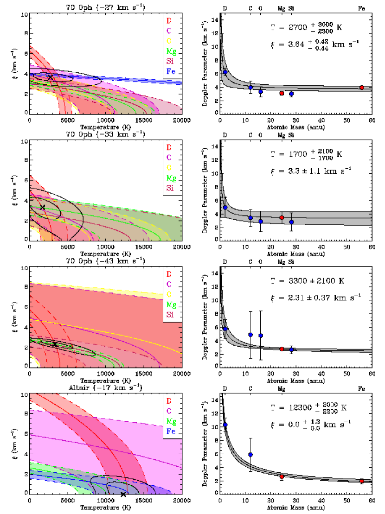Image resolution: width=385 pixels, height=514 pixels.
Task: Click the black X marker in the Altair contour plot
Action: (123, 495)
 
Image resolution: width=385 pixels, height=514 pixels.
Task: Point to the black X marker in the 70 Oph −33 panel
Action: (43, 207)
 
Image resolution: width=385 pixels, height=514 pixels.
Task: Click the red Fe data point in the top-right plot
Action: (361, 88)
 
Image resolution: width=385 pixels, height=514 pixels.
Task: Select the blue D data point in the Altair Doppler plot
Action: (225, 425)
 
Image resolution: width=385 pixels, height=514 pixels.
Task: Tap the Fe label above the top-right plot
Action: (361, 8)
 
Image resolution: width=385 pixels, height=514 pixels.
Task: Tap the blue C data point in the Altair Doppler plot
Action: (250, 455)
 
